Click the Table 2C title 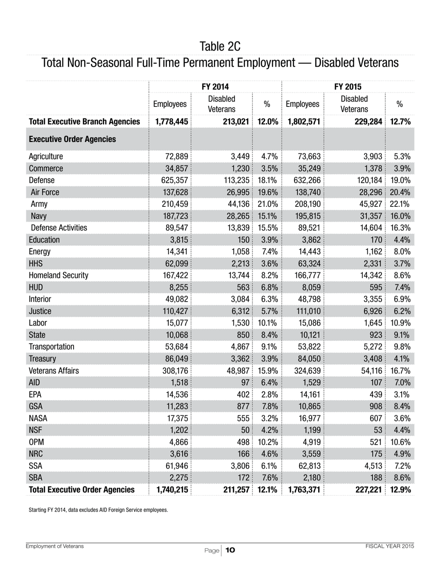pos(220,46)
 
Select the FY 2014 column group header pos(215,87)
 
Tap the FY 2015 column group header pos(348,87)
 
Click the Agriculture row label pos(46,156)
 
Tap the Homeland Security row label pos(58,275)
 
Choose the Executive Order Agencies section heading pos(72,139)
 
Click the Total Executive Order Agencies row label pos(82,489)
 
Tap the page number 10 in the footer pos(230,550)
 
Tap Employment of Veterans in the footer pos(55,546)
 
